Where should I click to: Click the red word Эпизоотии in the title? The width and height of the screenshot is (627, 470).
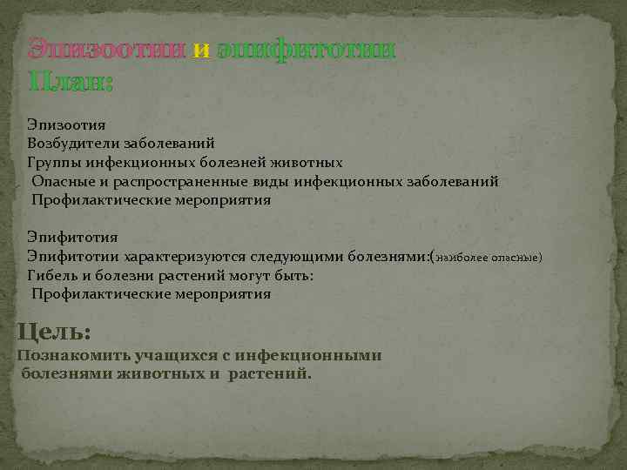pyautogui.click(x=106, y=50)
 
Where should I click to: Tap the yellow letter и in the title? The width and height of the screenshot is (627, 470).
pyautogui.click(x=201, y=50)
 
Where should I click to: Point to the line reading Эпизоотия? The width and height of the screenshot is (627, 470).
pyautogui.click(x=66, y=125)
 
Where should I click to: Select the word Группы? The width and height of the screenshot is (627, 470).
pyautogui.click(x=53, y=163)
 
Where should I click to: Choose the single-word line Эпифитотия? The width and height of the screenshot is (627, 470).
pyautogui.click(x=71, y=238)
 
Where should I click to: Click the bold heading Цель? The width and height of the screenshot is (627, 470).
pyautogui.click(x=54, y=332)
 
